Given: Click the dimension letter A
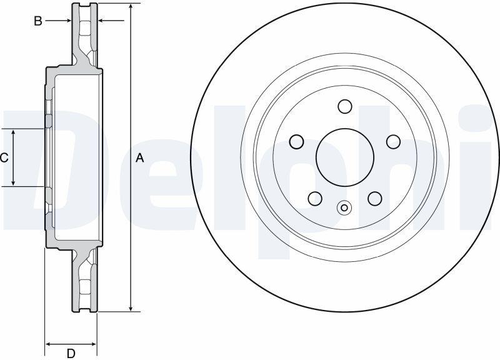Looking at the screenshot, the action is [139, 158].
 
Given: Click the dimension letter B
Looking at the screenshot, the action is [38, 21].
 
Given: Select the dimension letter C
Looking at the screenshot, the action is [4, 157].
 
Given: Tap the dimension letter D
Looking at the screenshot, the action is [71, 353].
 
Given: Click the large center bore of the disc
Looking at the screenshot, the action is [345, 157].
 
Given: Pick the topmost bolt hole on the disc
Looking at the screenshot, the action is [345, 106].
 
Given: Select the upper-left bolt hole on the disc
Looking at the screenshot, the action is [296, 142].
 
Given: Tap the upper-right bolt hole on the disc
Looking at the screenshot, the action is [393, 142].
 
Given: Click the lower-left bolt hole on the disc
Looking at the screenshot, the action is [315, 198].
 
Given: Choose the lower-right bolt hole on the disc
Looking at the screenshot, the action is [374, 198].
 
